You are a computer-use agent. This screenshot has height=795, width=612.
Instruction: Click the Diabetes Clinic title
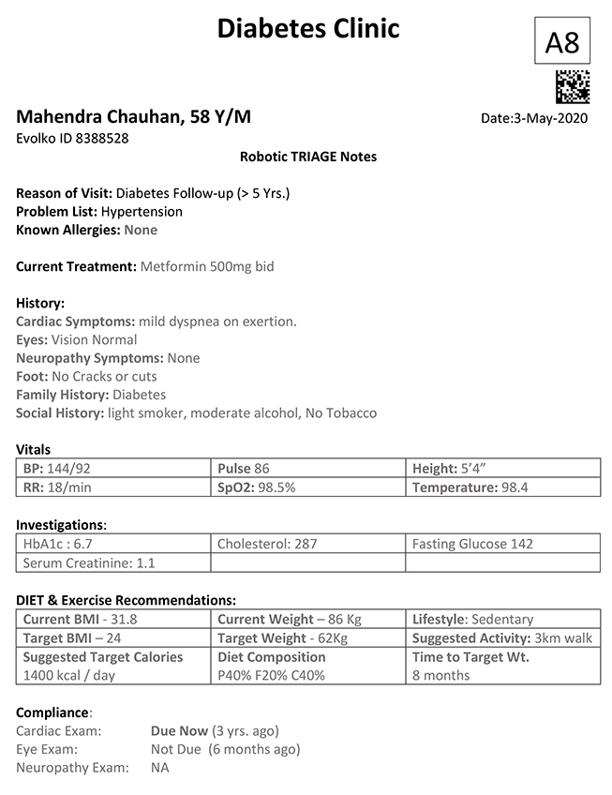(308, 28)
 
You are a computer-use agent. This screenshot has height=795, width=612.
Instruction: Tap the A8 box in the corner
(561, 41)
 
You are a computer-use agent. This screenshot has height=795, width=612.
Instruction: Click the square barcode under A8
(572, 87)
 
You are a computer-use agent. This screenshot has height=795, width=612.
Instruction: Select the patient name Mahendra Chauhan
(133, 117)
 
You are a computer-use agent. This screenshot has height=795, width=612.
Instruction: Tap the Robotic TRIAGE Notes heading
(308, 157)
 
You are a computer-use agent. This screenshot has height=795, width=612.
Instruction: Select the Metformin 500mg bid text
(207, 266)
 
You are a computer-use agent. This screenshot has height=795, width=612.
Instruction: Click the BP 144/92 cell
(112, 468)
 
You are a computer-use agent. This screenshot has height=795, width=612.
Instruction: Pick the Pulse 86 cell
(307, 468)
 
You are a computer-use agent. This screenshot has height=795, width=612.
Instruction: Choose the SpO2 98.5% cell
(307, 487)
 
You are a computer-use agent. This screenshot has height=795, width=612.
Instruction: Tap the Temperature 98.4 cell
(502, 487)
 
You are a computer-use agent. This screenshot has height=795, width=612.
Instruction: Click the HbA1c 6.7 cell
(112, 544)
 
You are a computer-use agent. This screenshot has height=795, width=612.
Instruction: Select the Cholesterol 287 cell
(307, 544)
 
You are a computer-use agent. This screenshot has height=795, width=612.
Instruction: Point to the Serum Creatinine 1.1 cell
(112, 562)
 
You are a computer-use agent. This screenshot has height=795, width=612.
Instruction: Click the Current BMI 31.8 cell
(112, 619)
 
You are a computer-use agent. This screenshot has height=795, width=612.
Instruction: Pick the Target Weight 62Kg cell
(307, 638)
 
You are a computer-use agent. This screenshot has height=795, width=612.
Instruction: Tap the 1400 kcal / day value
(68, 675)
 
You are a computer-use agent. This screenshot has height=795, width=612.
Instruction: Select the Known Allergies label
(68, 230)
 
